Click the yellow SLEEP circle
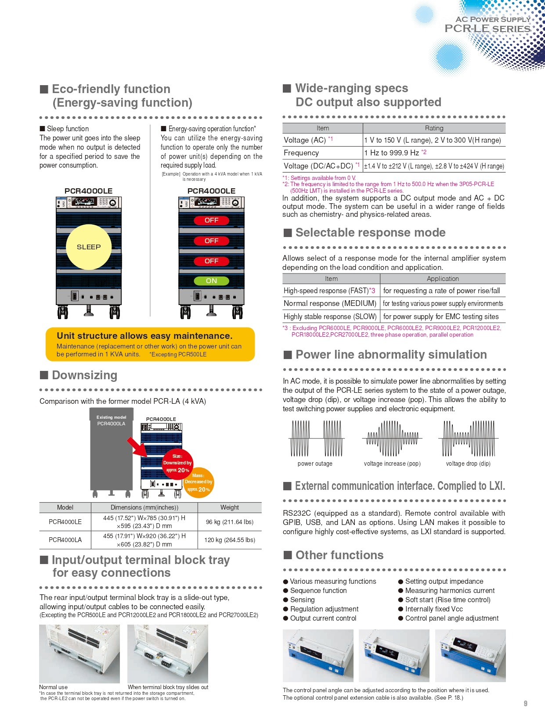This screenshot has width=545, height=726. (x=89, y=247)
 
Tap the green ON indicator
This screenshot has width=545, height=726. (x=211, y=281)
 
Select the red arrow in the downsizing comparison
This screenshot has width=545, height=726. (x=137, y=447)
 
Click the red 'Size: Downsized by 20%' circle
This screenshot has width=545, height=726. (x=177, y=464)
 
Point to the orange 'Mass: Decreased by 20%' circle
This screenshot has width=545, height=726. (x=199, y=482)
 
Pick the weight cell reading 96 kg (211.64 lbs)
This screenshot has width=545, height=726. (x=229, y=522)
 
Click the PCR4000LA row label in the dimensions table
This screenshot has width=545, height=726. (x=65, y=540)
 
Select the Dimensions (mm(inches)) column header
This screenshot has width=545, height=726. (x=144, y=507)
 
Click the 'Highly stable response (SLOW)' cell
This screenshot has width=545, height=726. (x=330, y=316)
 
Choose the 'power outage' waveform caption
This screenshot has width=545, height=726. (x=315, y=464)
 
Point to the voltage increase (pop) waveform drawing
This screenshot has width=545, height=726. (x=392, y=438)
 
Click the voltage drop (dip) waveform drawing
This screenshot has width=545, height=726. (x=468, y=438)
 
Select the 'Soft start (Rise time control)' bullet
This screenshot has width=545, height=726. (x=448, y=600)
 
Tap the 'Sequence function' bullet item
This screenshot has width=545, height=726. (x=318, y=590)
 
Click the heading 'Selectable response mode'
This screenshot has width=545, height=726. (x=370, y=233)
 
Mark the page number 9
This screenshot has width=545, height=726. (x=525, y=703)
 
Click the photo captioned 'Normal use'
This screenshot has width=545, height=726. (x=79, y=654)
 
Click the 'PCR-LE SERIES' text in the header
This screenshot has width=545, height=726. (x=487, y=29)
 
